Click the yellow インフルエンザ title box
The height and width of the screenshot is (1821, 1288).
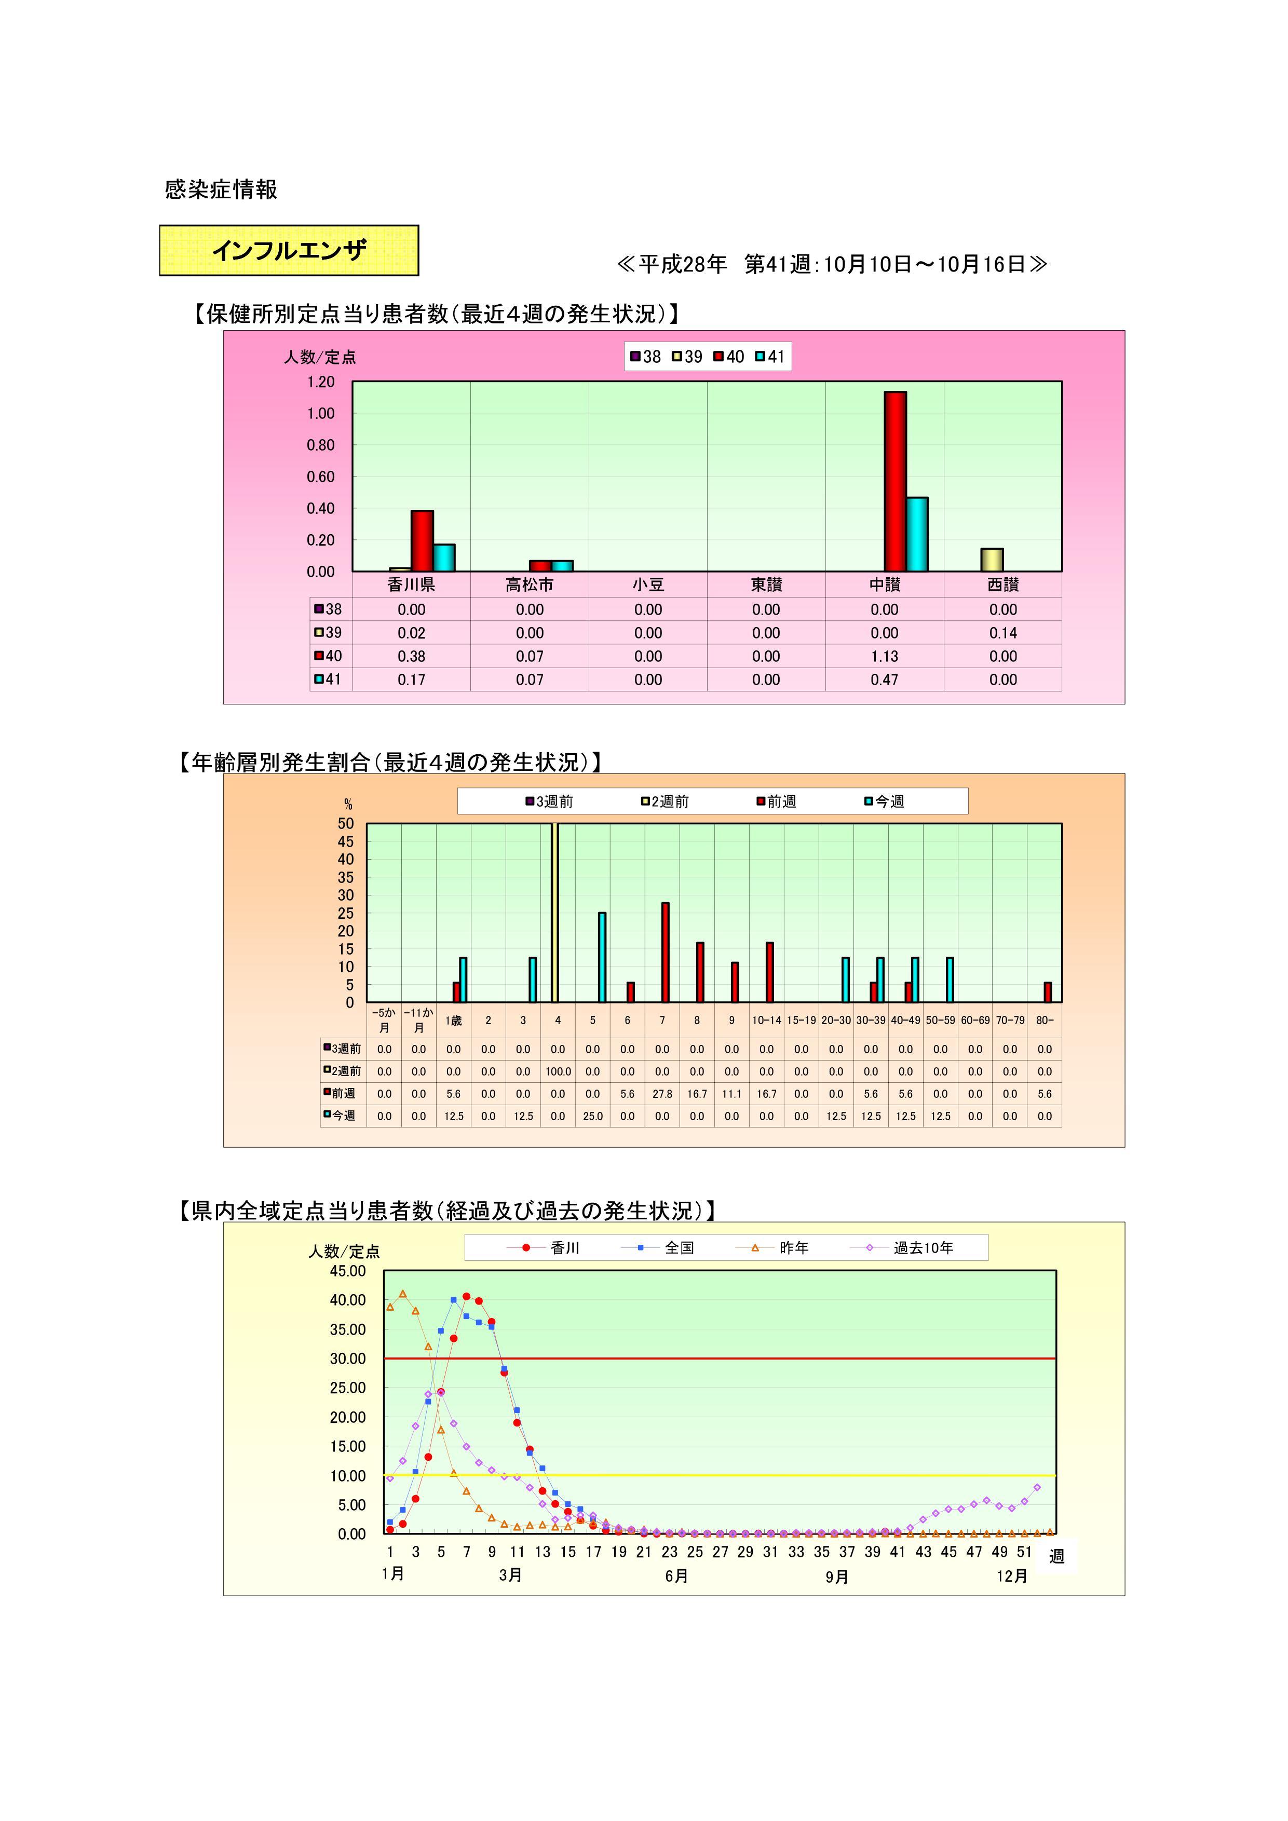pos(289,251)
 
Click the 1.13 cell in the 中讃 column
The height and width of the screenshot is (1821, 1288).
pos(884,656)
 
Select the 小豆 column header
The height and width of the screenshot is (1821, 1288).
pos(647,585)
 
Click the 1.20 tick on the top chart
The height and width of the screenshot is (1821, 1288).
pos(321,382)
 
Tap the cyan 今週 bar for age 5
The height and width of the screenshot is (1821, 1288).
pos(602,957)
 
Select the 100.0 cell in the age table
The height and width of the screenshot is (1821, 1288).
pos(558,1071)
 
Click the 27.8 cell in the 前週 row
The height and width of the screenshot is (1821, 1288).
pos(662,1094)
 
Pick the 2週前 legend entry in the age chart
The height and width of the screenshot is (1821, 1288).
pos(666,802)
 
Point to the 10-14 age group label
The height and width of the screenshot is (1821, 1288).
pos(766,1020)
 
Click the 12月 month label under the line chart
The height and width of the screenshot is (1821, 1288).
pos(1011,1576)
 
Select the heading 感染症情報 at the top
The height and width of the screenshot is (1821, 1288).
pos(221,189)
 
